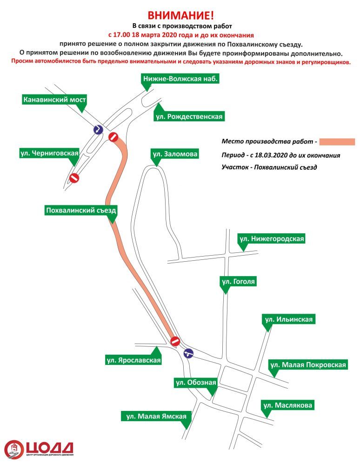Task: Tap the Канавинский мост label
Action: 55,99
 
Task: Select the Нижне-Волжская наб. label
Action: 180,79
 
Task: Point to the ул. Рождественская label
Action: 189,116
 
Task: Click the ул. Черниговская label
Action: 49,152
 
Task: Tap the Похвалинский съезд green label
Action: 81,210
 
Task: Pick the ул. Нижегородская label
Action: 272,239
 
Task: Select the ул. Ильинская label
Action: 289,319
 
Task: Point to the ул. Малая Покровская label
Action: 308,365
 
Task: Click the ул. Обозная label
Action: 195,383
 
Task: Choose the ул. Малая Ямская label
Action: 156,416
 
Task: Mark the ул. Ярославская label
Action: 133,360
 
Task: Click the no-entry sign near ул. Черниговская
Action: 74,178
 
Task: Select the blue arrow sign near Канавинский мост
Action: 97,129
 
